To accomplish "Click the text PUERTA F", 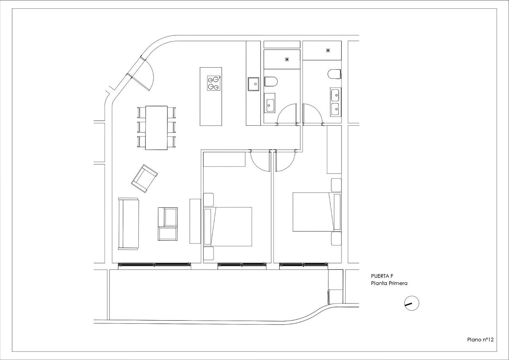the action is pos(382,276).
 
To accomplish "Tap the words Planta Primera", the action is pos(389,283).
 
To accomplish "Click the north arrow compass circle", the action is pos(412,296).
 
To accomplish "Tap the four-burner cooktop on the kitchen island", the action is pos(214,83).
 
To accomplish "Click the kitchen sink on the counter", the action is pos(253,84).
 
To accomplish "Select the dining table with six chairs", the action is pos(156,128).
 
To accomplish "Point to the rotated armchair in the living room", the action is pos(144,179).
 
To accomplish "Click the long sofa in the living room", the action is pos(128,224).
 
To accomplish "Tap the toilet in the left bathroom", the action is pos(271,82).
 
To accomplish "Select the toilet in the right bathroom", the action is pos(334,74).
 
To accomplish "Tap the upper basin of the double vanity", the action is pos(335,95).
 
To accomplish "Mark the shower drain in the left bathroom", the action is pos(287,60).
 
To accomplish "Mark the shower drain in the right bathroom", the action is pos(328,51).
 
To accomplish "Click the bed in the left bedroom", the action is pos(228,227).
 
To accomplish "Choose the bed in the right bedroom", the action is pos(317,212).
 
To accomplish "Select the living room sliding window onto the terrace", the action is pos(155,265).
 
